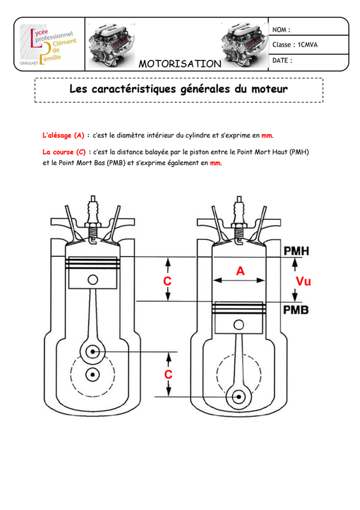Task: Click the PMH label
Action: (296, 251)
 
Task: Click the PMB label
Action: (296, 310)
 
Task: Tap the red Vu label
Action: (303, 281)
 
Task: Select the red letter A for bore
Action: (240, 270)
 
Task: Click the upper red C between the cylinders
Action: (167, 280)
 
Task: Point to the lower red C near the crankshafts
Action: (168, 374)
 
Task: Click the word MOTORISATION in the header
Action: (180, 64)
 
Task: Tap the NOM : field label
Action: (281, 29)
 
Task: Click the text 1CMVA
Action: (308, 45)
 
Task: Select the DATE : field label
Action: (282, 60)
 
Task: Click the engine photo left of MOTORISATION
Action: (112, 44)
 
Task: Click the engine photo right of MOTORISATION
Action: (245, 44)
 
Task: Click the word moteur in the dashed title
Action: (270, 89)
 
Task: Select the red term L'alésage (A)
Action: (64, 135)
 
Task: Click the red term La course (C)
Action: (64, 152)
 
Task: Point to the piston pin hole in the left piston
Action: (92, 280)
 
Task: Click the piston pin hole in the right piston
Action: (239, 324)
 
